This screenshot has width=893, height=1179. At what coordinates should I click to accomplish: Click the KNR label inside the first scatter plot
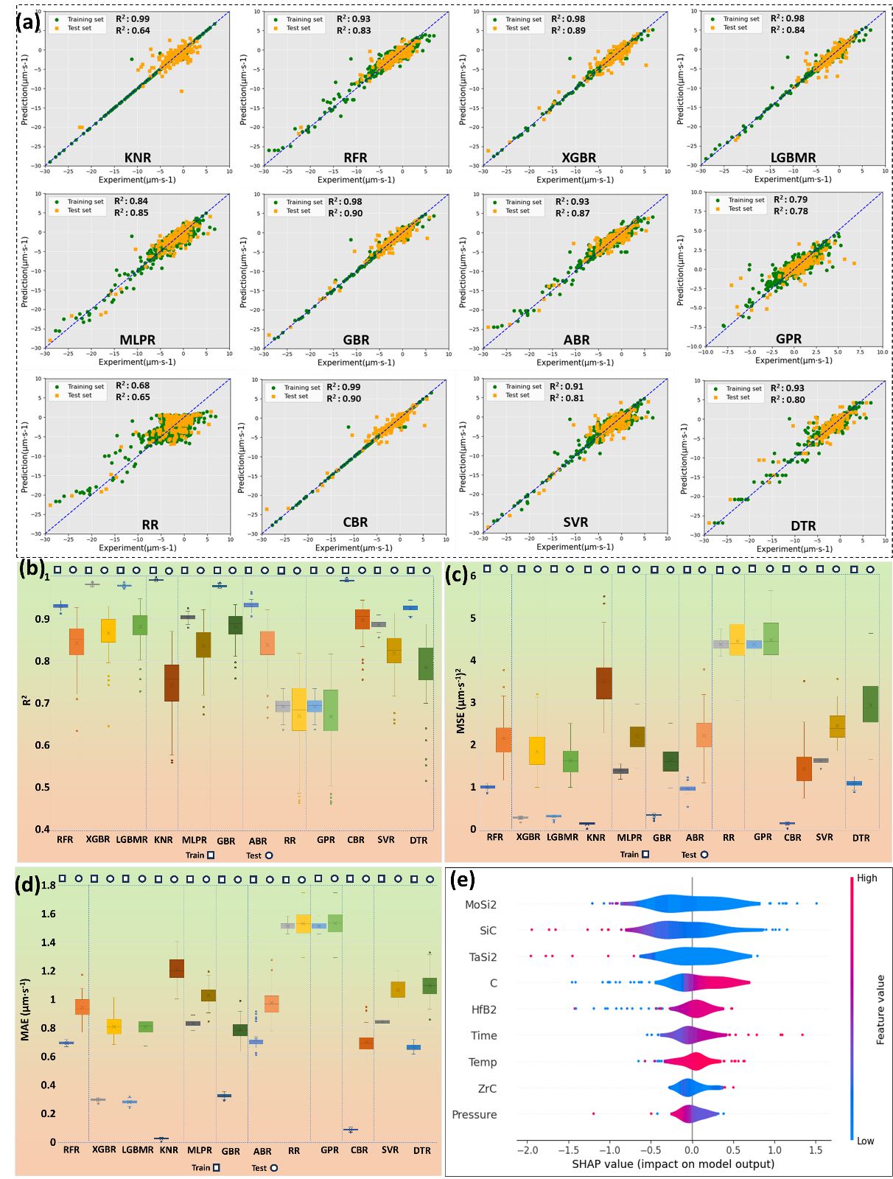pyautogui.click(x=138, y=158)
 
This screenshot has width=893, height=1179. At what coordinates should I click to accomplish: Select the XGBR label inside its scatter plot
pyautogui.click(x=579, y=158)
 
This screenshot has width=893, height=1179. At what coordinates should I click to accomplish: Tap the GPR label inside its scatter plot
pyautogui.click(x=788, y=339)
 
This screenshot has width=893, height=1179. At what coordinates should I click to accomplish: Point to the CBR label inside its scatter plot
pyautogui.click(x=355, y=522)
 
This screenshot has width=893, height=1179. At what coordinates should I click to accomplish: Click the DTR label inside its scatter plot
pyautogui.click(x=803, y=526)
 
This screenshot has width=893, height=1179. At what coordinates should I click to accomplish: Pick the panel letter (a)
pyautogui.click(x=29, y=21)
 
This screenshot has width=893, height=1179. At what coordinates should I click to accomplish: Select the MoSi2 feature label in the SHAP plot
pyautogui.click(x=480, y=905)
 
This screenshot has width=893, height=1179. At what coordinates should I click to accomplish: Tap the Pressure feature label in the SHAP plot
pyautogui.click(x=474, y=1115)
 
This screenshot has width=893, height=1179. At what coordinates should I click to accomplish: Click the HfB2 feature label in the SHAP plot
pyautogui.click(x=483, y=1010)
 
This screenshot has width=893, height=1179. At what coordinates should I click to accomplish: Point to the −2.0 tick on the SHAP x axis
pyautogui.click(x=527, y=1150)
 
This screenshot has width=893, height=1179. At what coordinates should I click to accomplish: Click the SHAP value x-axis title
pyautogui.click(x=673, y=1164)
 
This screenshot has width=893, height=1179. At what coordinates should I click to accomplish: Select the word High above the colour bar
pyautogui.click(x=867, y=878)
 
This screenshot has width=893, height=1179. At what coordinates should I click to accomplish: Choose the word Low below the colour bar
pyautogui.click(x=866, y=1141)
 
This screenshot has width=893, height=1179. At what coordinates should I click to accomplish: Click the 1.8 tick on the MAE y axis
pyautogui.click(x=48, y=886)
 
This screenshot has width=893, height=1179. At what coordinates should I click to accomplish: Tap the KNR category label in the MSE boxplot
pyautogui.click(x=596, y=838)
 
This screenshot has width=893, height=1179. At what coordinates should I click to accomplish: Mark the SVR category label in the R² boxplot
pyautogui.click(x=386, y=840)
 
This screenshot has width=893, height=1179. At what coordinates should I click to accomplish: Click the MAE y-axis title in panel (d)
pyautogui.click(x=26, y=1010)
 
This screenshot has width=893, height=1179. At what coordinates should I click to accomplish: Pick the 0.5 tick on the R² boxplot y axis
pyautogui.click(x=42, y=788)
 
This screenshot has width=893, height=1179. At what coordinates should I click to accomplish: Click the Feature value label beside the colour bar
pyautogui.click(x=880, y=1010)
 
